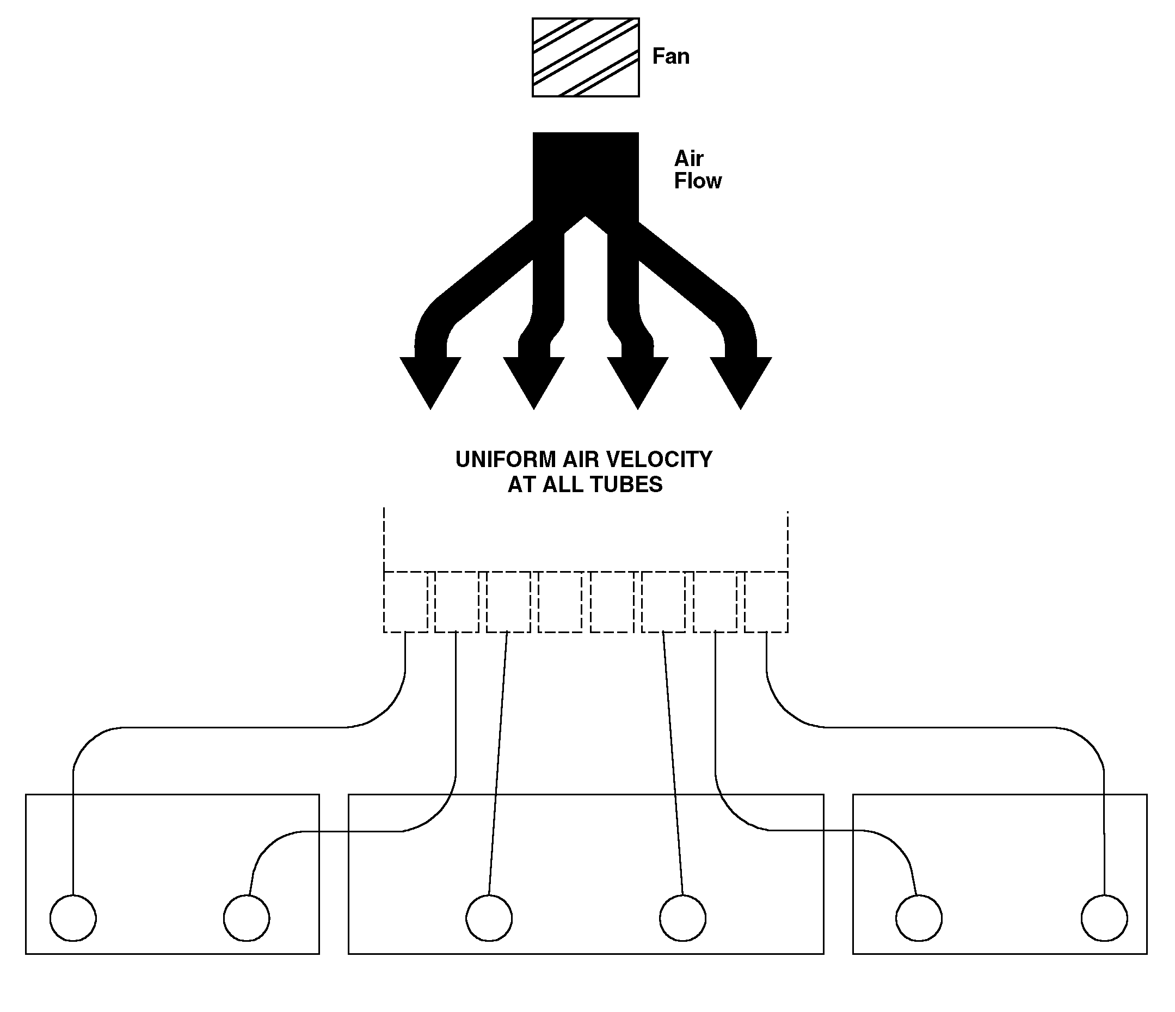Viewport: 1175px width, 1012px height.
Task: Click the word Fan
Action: point(671,56)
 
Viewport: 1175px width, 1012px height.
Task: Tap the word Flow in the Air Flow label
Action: point(698,181)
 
